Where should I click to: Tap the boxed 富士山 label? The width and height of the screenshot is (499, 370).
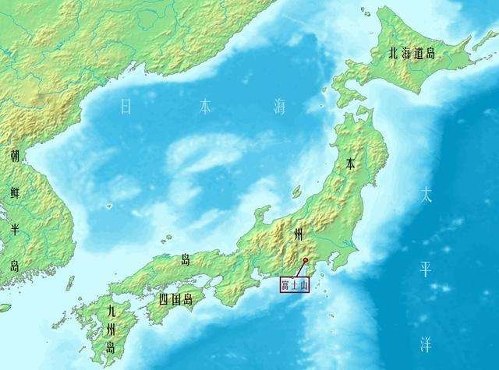click(296, 284)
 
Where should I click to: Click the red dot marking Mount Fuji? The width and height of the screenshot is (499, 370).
click(305, 260)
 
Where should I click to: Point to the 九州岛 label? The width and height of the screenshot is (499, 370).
click(115, 329)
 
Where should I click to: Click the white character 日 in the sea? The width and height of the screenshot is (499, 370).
click(127, 107)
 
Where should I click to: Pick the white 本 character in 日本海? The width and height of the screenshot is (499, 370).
click(204, 107)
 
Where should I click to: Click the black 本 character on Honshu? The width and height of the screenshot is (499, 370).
click(352, 164)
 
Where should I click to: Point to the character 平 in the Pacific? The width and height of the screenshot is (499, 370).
click(426, 269)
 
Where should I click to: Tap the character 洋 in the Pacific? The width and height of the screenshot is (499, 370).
click(426, 343)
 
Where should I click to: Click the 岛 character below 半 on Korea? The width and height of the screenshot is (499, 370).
click(15, 266)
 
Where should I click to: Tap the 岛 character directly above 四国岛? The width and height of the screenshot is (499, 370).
click(186, 259)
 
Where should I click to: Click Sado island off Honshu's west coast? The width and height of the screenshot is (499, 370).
click(296, 191)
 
